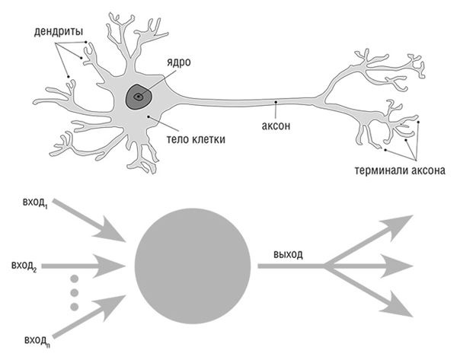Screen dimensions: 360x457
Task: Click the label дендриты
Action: (59, 33)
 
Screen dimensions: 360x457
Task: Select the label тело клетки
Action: (196, 139)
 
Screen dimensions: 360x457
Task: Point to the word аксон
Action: (276, 126)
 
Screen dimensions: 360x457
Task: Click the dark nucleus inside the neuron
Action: (139, 97)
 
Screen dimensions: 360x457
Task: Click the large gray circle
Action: (193, 265)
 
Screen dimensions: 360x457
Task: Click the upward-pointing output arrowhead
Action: (400, 225)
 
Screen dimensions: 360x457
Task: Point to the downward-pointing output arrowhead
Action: (400, 304)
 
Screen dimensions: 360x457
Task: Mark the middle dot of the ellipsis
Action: (74, 292)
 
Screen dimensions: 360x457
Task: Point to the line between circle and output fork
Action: (289, 266)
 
